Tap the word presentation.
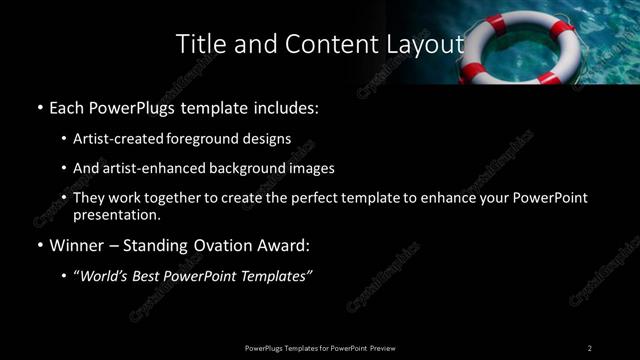pos(116,214)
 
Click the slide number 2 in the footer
pos(590,348)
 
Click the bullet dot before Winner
pos(39,245)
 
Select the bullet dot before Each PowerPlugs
pos(39,107)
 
